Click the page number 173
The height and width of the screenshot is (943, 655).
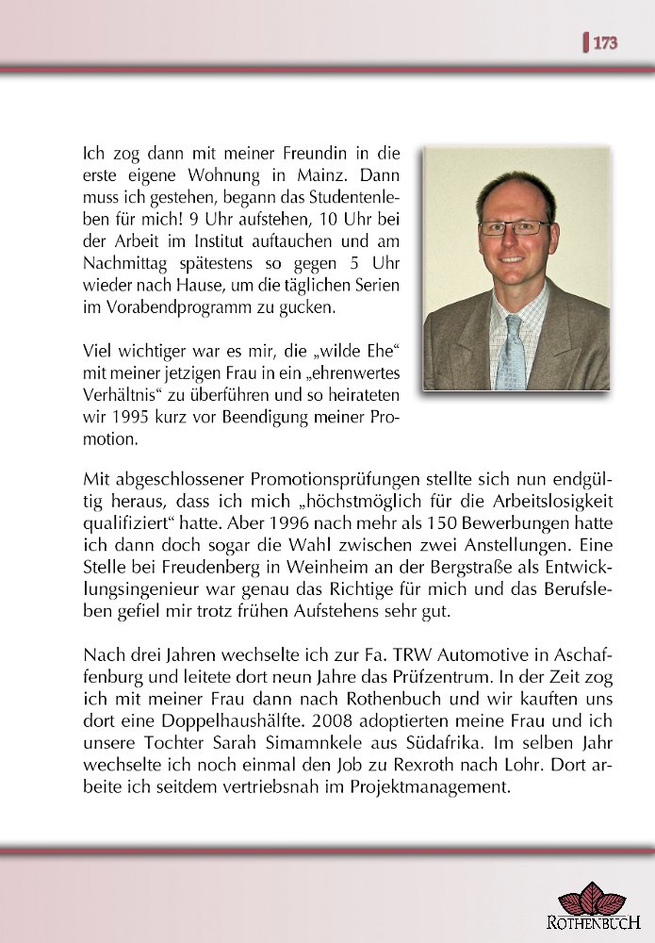pos(605,42)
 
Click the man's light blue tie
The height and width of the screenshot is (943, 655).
pos(512,354)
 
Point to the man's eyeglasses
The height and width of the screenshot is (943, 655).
pos(514,227)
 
